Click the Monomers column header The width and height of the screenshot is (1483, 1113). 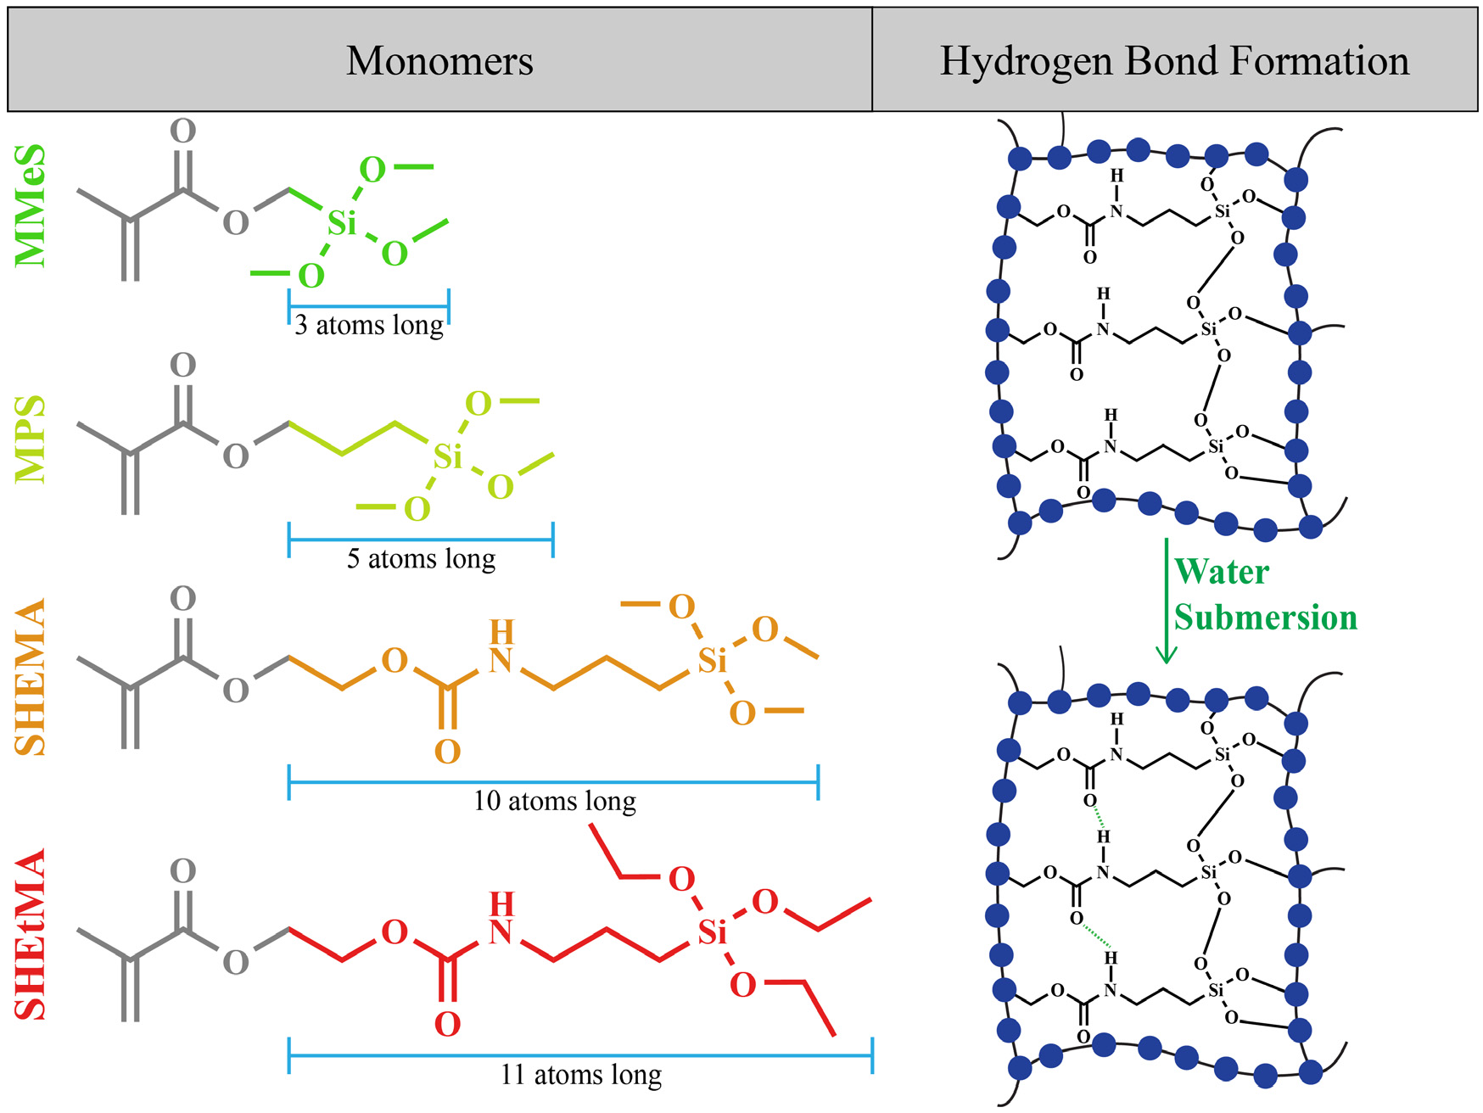[x=439, y=61]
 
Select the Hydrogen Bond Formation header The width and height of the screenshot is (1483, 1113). [x=1174, y=61]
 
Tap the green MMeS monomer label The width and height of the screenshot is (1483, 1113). [x=31, y=205]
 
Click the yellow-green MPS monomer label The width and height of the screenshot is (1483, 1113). [x=31, y=439]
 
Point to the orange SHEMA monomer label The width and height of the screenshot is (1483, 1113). [x=31, y=677]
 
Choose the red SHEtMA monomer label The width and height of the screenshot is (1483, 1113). [x=31, y=934]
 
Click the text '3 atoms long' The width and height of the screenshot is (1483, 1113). [x=369, y=325]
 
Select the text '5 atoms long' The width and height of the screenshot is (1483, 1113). [x=421, y=559]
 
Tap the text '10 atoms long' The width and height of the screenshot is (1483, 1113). [x=554, y=801]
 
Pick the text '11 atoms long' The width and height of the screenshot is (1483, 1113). [x=580, y=1075]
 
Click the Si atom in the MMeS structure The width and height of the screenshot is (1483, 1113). [x=342, y=223]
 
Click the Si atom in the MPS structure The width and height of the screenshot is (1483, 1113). [x=447, y=457]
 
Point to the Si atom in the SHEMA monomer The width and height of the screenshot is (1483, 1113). [x=712, y=661]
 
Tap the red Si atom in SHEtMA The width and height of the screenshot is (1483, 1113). [x=712, y=933]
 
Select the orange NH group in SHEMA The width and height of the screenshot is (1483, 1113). [x=501, y=647]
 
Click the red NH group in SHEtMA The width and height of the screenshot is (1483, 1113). [x=501, y=920]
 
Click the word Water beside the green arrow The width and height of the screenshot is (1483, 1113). [x=1221, y=572]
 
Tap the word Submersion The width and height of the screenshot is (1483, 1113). [x=1265, y=618]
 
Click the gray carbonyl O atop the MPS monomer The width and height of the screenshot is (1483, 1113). [x=182, y=365]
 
